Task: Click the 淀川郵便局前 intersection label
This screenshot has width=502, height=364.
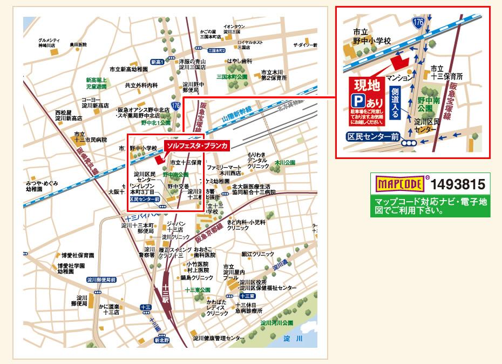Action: coord(101,280)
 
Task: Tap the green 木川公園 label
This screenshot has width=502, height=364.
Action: coord(285,162)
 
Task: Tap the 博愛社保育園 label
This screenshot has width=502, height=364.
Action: coord(77,255)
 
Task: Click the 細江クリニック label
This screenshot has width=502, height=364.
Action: coord(257,253)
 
